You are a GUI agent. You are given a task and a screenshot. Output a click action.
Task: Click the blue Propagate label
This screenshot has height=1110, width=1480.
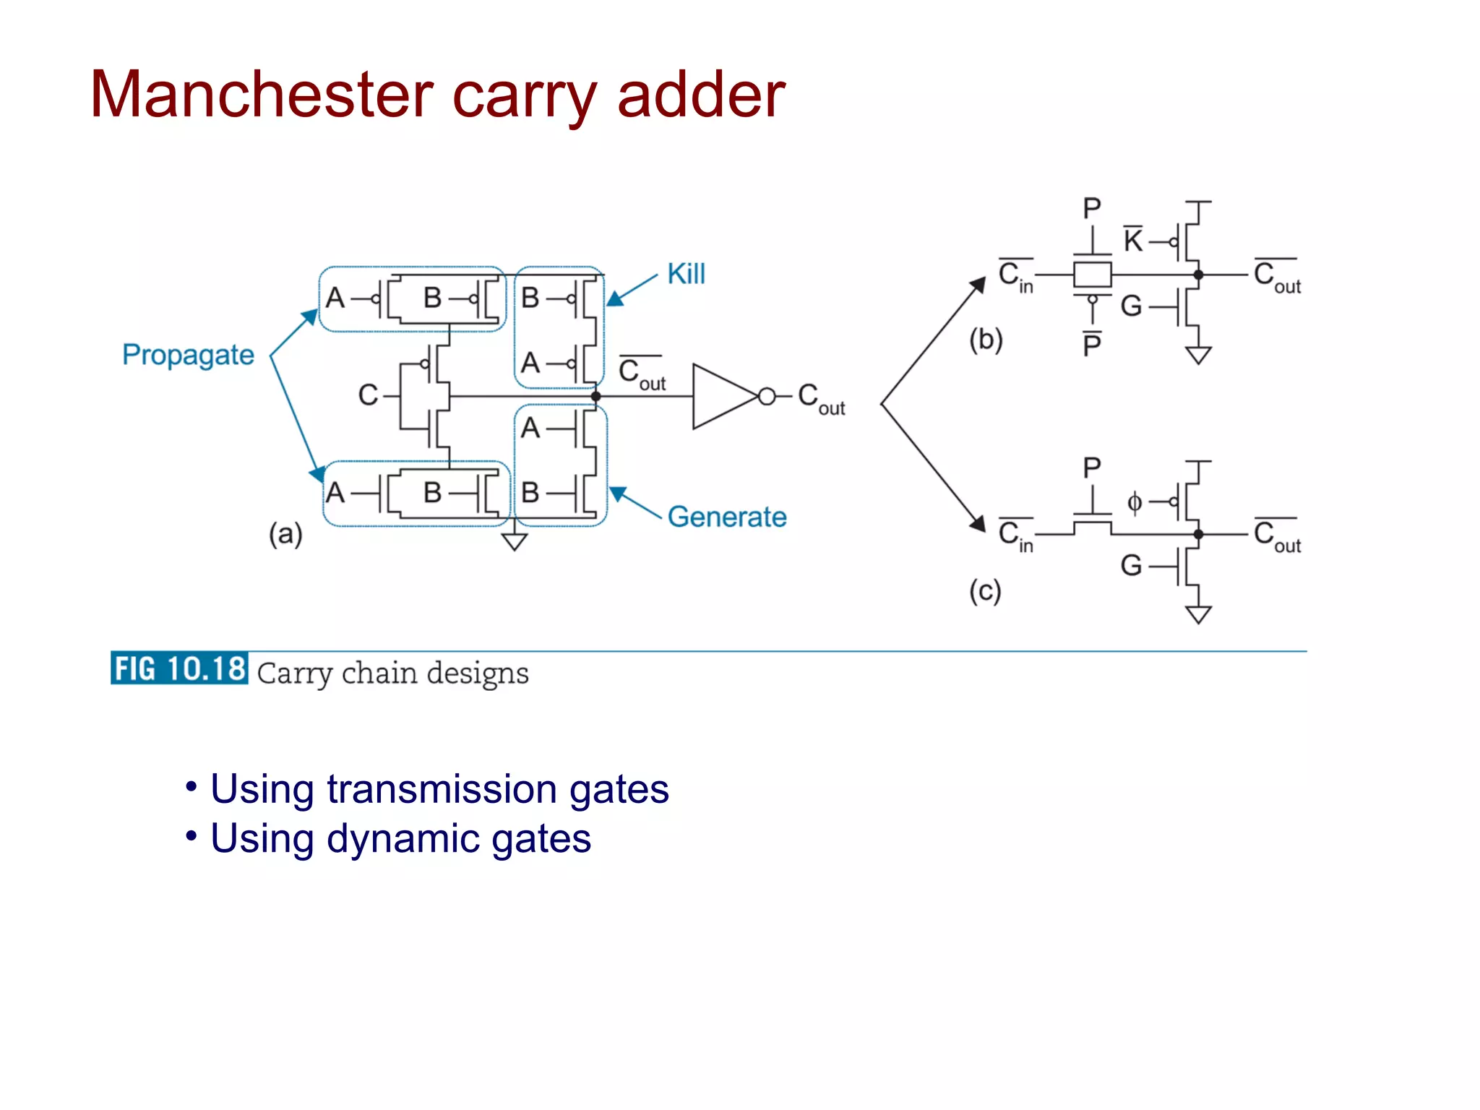click(188, 356)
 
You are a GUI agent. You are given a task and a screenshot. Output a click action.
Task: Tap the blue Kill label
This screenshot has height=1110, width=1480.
click(686, 275)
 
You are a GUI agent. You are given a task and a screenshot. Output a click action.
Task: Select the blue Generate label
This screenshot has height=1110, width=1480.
click(727, 517)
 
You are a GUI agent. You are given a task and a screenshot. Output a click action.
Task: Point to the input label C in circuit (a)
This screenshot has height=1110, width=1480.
click(367, 395)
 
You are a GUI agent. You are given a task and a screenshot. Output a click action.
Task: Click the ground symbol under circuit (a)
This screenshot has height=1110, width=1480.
click(515, 541)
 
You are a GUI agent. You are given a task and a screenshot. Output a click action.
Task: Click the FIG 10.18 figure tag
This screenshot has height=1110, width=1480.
click(179, 668)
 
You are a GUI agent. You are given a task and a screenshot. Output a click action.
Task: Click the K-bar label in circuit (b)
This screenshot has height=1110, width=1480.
click(1132, 241)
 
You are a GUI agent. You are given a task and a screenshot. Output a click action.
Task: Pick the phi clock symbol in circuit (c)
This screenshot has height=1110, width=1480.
click(1135, 502)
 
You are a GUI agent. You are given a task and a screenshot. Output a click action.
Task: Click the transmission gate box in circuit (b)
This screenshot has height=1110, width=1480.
click(1092, 275)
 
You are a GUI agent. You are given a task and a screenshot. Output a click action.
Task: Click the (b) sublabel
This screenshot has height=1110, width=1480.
click(986, 340)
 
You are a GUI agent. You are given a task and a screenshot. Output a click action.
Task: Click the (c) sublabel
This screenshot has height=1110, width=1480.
click(985, 591)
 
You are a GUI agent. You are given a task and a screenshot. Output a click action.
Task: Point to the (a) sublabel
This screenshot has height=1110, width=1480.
click(285, 535)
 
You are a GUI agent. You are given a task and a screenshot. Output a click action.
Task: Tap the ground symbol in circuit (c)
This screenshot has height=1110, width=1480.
click(1198, 615)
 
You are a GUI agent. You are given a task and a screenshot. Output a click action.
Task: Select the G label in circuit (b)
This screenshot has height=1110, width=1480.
click(1131, 306)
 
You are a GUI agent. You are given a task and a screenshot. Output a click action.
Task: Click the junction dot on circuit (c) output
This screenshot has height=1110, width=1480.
click(1198, 535)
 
